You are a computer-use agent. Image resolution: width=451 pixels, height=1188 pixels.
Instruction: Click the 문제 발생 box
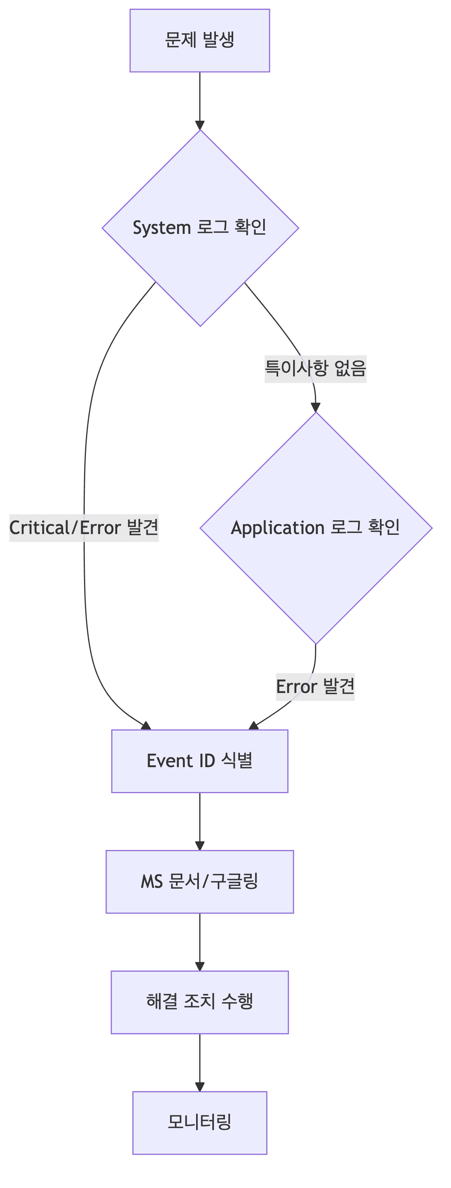200,41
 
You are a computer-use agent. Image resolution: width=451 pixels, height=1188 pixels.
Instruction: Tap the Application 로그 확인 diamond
316,528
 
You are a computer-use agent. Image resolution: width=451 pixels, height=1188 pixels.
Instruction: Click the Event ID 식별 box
200,761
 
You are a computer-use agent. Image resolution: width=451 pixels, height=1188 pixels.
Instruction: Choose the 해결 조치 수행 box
200,1002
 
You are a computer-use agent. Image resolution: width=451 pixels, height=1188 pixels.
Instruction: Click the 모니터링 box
200,1122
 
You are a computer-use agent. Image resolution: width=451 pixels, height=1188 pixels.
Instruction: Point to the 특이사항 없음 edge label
315,368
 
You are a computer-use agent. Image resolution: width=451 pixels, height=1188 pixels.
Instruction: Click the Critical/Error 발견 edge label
84,528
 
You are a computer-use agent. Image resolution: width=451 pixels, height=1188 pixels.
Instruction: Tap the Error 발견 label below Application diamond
315,687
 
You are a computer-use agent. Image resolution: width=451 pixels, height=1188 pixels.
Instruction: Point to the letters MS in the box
152,882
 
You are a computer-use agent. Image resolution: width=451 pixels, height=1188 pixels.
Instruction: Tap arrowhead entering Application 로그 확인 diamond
315,407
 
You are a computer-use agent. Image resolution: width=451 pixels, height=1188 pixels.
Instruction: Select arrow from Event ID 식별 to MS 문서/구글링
200,821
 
